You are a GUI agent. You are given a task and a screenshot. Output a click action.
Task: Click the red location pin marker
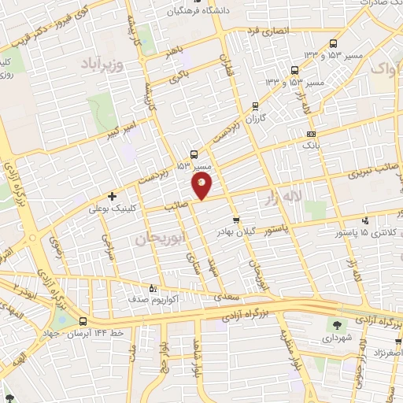[202, 185]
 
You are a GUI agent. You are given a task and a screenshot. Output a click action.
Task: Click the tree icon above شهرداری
[338, 324]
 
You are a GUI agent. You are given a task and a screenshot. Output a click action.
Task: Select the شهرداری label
[338, 338]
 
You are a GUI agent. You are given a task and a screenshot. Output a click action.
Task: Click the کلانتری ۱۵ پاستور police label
[369, 233]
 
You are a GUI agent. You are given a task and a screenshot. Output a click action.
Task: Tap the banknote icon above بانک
[311, 134]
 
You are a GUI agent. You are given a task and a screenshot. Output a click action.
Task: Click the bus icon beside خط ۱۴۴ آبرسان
[83, 320]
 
